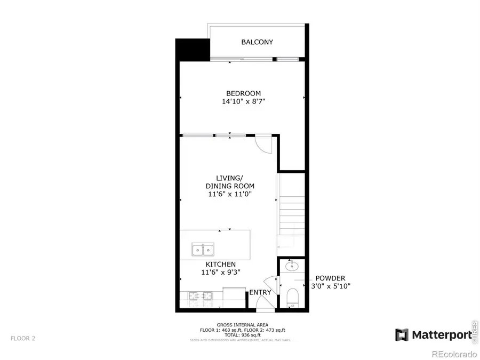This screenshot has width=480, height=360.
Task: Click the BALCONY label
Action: [x=257, y=42]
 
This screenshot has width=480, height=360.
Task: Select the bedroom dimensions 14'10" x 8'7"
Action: [x=243, y=101]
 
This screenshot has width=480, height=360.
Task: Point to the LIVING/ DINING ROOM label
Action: [x=230, y=182]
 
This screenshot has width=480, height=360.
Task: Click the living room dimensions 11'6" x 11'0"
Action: [x=230, y=194]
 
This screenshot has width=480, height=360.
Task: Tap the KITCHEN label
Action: [x=220, y=264]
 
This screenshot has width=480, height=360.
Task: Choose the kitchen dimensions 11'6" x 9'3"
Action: [x=220, y=272]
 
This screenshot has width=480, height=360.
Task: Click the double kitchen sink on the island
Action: [x=203, y=249]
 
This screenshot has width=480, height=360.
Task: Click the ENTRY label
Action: [x=260, y=292]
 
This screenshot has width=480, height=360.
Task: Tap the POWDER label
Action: [x=330, y=278]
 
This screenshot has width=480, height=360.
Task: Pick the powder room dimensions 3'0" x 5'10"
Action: [x=330, y=286]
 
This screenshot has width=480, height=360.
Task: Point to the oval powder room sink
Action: [x=292, y=265]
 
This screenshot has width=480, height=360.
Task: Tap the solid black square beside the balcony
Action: [x=193, y=50]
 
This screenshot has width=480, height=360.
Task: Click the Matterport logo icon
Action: [x=402, y=335]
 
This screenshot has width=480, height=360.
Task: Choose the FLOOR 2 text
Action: [x=23, y=338]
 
